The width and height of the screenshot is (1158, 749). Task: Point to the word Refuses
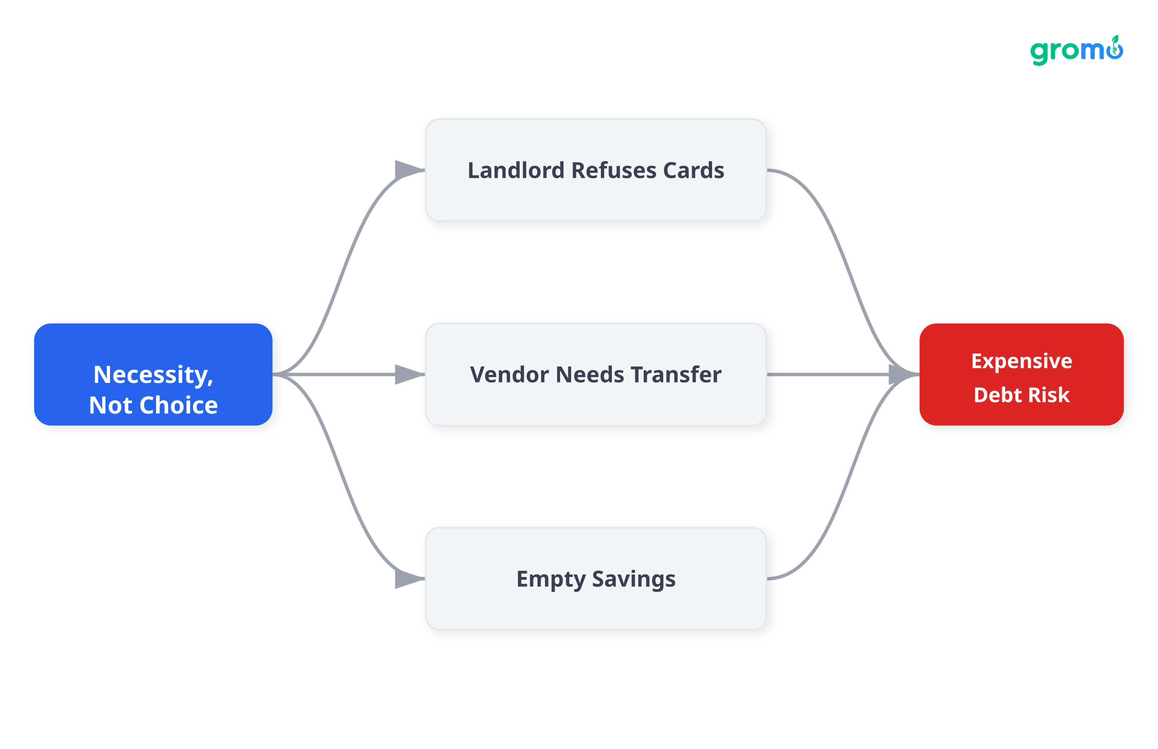614,171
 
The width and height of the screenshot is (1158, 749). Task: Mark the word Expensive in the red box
1021,361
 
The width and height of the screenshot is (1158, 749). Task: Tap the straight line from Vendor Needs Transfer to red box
827,374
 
